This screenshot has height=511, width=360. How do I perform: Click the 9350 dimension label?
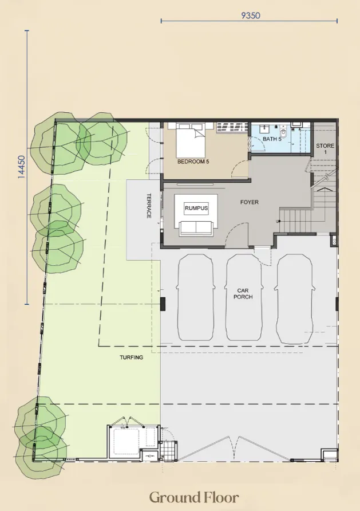tap(251, 15)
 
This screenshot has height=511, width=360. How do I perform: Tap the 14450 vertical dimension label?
tap(21, 167)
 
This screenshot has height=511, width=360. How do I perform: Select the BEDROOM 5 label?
tap(193, 162)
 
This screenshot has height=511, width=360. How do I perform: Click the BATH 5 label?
tap(272, 139)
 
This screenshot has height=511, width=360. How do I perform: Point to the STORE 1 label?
tap(325, 148)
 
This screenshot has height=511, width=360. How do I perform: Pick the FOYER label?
tap(250, 202)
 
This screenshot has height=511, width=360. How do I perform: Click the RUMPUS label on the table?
tap(196, 209)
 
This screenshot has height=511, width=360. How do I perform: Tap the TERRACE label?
tap(149, 206)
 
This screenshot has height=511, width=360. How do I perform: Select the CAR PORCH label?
tap(243, 294)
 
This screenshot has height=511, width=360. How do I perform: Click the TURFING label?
tap(131, 357)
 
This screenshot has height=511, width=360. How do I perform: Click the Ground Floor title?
tap(194, 497)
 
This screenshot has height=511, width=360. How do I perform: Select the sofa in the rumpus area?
tap(196, 227)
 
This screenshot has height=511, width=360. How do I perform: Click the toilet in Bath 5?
tap(283, 133)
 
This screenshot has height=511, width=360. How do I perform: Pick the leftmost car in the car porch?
tap(196, 297)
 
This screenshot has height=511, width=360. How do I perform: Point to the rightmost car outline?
tap(295, 298)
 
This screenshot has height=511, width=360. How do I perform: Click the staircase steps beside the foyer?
tap(294, 221)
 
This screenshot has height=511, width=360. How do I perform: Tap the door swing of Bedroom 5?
tap(239, 170)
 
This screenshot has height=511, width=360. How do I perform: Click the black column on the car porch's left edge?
tap(163, 304)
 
